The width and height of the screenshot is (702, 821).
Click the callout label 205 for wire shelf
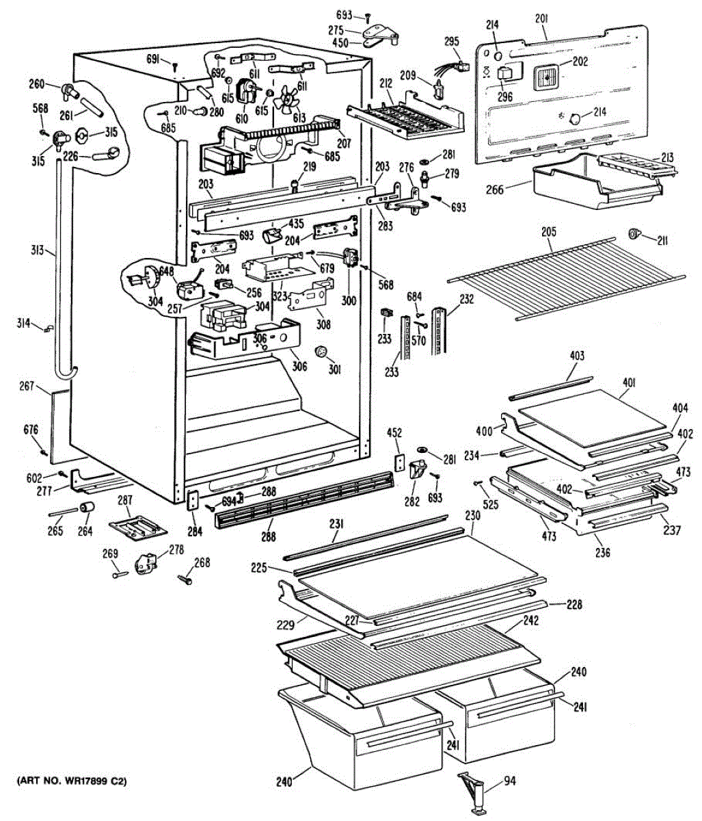tap(548, 231)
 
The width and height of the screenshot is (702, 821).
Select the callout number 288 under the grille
tap(268, 537)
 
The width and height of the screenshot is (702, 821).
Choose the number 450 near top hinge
tap(340, 42)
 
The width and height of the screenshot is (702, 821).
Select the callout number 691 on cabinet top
tap(154, 60)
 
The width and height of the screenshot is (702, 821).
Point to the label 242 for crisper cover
tap(530, 621)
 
